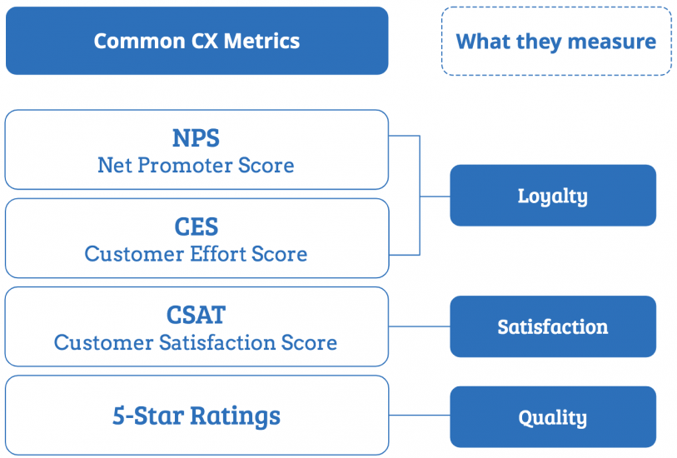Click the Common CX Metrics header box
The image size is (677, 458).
(197, 41)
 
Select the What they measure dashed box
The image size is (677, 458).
(556, 42)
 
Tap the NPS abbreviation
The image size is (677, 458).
(196, 138)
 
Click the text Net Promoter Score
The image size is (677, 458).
(196, 166)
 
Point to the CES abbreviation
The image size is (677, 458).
(197, 227)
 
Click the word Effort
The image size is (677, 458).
(218, 254)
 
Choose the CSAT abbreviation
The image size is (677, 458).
(196, 315)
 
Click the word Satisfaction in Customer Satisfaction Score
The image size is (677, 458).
(217, 343)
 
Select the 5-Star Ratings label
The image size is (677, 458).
(197, 416)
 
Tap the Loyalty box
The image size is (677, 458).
(553, 195)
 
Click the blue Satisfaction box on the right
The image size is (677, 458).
(553, 326)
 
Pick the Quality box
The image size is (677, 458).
(553, 416)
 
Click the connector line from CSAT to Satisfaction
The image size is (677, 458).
(419, 326)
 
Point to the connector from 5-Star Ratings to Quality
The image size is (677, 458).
(419, 416)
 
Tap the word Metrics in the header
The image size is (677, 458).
(261, 41)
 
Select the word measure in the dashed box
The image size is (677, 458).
(612, 42)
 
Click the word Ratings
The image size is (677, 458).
(236, 416)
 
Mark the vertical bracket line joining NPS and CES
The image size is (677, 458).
(420, 196)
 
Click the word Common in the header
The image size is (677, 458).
(139, 41)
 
